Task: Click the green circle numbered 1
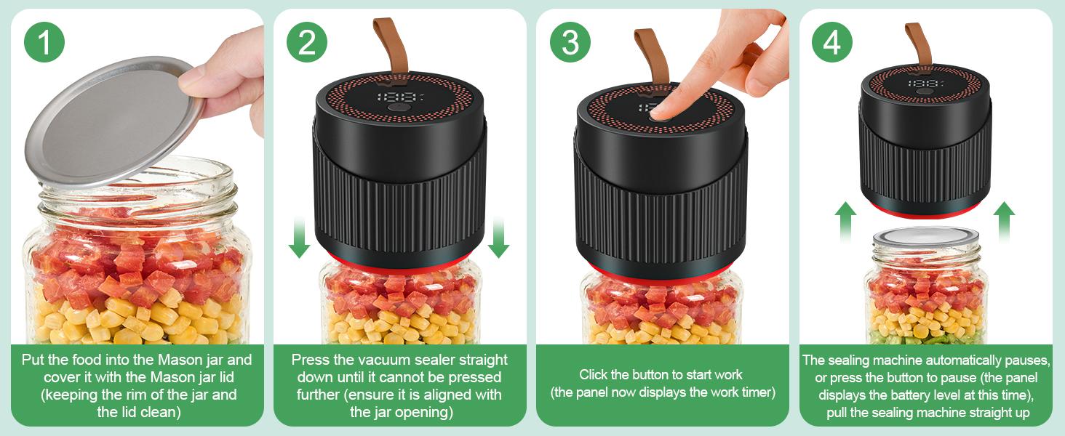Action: tap(44, 42)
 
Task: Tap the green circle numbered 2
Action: tap(307, 42)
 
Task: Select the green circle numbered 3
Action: tap(570, 42)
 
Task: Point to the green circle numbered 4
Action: tap(833, 42)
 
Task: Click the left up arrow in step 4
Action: tap(845, 222)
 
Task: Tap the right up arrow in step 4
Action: tap(1005, 222)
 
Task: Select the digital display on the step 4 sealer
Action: tap(922, 84)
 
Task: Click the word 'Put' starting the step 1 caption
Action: tap(33, 360)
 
